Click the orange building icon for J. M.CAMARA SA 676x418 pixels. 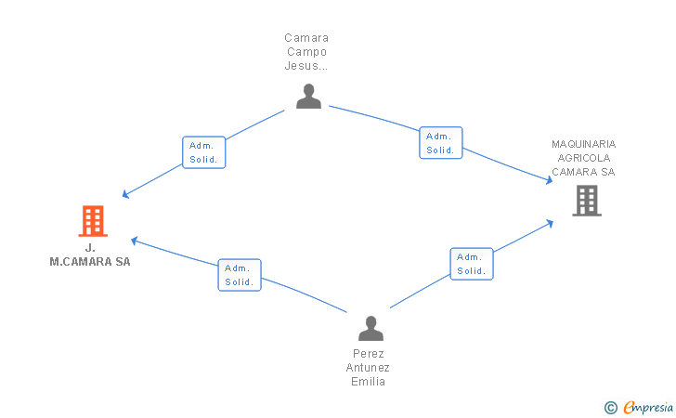[93, 221]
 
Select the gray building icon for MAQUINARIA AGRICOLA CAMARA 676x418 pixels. [587, 201]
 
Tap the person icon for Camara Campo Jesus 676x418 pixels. [308, 97]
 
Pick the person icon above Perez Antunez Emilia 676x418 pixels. [370, 328]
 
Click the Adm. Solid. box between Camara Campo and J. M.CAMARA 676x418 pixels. [204, 152]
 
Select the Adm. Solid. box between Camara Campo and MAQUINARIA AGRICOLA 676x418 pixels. [441, 143]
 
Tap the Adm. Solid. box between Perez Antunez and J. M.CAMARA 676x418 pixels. [240, 275]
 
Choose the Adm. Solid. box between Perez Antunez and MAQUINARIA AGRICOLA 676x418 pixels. [472, 264]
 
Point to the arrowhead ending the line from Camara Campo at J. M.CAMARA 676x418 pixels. [125, 194]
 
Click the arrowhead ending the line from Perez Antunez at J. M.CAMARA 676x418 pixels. [134, 241]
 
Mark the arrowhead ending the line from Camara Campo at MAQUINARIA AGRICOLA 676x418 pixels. [550, 180]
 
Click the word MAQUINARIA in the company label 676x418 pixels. [584, 144]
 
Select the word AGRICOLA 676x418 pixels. [584, 158]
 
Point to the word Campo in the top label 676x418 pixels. [307, 52]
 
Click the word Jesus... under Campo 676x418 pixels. [306, 66]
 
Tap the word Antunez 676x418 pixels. [368, 368]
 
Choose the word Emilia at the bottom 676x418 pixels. [368, 382]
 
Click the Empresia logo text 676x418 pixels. [648, 407]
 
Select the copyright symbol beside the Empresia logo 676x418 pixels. [611, 408]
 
